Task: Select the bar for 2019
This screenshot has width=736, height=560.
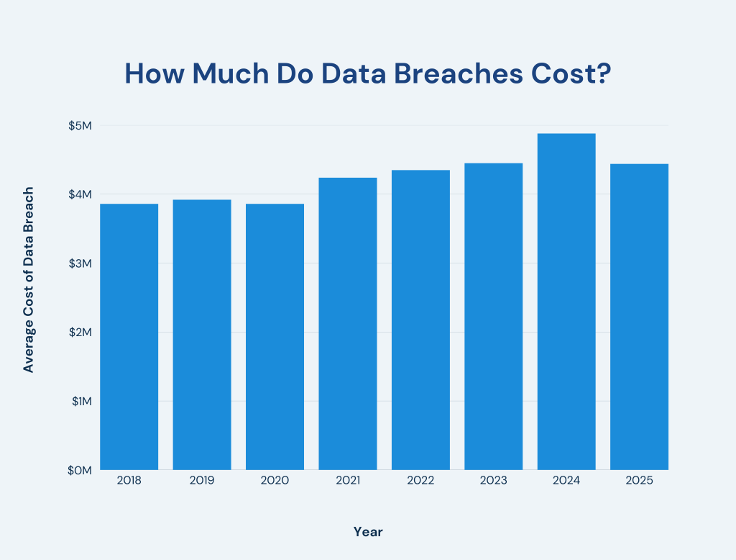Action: point(202,335)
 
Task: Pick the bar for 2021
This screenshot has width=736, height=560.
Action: point(348,324)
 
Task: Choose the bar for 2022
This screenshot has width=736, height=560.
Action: point(420,320)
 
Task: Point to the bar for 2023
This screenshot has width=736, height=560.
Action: point(493,317)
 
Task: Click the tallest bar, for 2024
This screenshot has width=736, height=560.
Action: point(566,302)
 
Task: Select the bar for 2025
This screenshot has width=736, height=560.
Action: point(639,317)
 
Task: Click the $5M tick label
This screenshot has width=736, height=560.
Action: point(81,125)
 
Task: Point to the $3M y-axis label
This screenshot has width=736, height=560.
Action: point(81,263)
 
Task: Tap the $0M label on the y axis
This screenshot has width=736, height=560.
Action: point(81,470)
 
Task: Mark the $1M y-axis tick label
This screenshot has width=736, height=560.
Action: point(81,401)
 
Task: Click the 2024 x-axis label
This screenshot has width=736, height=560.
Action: point(566,480)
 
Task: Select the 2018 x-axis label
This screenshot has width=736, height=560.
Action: point(129,480)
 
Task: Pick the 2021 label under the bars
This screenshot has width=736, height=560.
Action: point(348,480)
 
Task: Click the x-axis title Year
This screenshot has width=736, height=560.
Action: point(368,532)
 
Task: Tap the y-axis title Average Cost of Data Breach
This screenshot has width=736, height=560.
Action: point(29,280)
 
